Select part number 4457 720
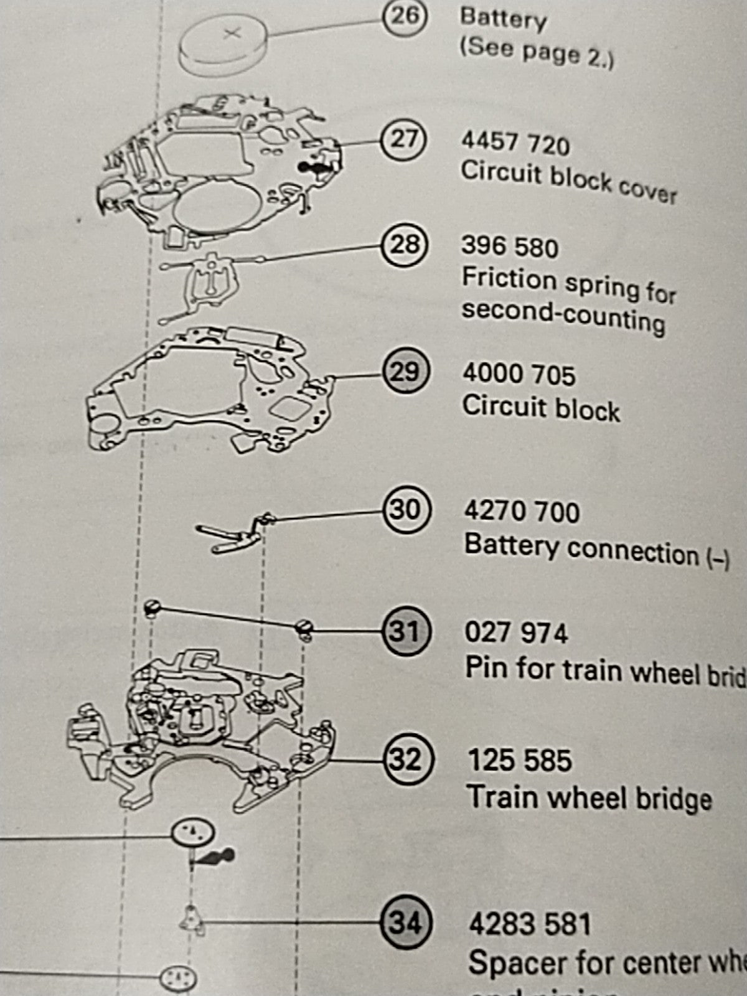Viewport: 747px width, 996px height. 515,144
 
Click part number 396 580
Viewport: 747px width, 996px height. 510,247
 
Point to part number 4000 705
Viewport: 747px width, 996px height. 519,375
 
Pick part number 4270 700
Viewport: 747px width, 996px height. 522,512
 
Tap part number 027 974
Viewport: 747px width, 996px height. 516,634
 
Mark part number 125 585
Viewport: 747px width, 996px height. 519,761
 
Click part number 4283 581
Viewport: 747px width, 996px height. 529,924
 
